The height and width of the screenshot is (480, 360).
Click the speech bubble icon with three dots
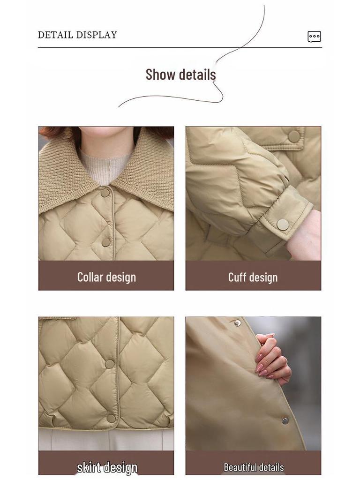[314, 37]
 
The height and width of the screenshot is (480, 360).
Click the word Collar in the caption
[90, 277]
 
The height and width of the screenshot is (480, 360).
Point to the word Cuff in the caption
[237, 277]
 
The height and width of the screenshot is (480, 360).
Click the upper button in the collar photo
[105, 193]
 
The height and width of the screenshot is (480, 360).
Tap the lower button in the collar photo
[106, 242]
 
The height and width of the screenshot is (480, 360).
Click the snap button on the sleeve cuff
[283, 225]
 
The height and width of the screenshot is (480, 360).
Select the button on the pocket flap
[294, 136]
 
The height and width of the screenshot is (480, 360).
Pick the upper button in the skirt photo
[109, 364]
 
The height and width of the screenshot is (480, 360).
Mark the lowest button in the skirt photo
[111, 418]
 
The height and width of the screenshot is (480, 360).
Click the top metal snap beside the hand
[238, 323]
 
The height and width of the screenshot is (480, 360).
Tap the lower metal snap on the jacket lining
[285, 420]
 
